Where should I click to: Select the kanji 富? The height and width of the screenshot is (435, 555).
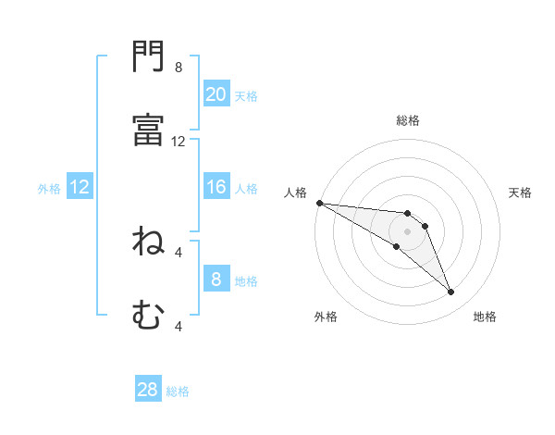tap(148, 130)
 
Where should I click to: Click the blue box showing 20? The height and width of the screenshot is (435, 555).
tap(216, 94)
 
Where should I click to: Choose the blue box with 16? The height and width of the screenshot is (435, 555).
tap(216, 187)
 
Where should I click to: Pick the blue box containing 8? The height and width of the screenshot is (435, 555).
tap(216, 280)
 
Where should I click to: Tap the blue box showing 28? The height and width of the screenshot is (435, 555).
tap(148, 390)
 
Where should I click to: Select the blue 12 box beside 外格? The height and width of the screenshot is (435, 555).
tap(80, 187)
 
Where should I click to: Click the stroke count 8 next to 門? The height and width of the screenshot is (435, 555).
tap(179, 68)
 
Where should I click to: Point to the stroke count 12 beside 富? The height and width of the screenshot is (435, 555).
tap(179, 142)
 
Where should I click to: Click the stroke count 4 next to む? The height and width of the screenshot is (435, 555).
tap(179, 326)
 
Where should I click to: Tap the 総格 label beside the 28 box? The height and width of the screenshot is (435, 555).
tap(178, 391)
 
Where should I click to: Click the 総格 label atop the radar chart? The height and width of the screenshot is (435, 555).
tap(408, 120)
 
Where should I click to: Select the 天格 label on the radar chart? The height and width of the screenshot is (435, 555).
tap(521, 193)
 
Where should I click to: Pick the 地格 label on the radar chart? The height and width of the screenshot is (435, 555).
tap(485, 317)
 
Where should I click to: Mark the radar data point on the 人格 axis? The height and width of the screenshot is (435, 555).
tap(319, 203)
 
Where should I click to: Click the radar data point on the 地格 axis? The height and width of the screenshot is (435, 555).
tap(451, 292)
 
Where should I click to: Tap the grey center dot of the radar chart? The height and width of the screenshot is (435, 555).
tap(407, 231)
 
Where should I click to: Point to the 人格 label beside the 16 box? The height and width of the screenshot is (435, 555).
tap(246, 188)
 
